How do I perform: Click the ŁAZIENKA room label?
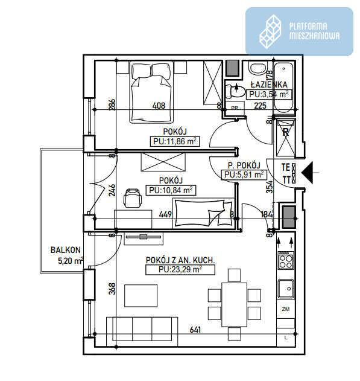coord(269,85)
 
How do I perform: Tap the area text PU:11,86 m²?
coord(175,141)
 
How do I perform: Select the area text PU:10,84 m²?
coord(171,190)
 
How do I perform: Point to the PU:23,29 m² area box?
coord(180,270)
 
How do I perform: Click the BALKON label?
coord(65,250)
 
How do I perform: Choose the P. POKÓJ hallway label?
coord(244,165)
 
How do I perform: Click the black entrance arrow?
coord(308,173)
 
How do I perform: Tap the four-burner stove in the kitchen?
coord(286,260)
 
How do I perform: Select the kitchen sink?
coord(286,289)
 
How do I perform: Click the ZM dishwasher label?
coord(286,309)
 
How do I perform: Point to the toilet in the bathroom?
coord(235,92)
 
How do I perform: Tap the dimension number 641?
coord(195,330)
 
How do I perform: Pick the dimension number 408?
coord(159,106)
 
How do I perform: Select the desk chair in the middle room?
coord(133,197)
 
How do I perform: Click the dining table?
coord(235,304)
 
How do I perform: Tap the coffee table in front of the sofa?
coord(141,296)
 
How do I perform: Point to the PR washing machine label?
coord(235,108)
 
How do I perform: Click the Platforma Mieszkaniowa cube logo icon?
coord(270,31)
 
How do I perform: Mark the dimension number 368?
coord(112,289)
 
